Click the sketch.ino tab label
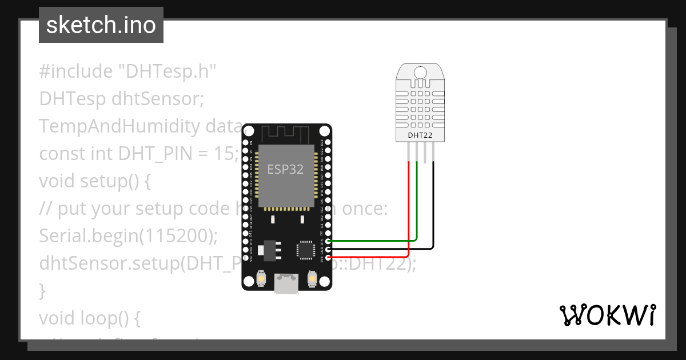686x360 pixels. [x=101, y=26]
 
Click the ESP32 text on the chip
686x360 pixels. [x=285, y=169]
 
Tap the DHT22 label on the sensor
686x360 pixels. [x=420, y=135]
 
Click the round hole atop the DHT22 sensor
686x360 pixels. [x=420, y=73]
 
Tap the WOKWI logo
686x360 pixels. [x=607, y=315]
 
